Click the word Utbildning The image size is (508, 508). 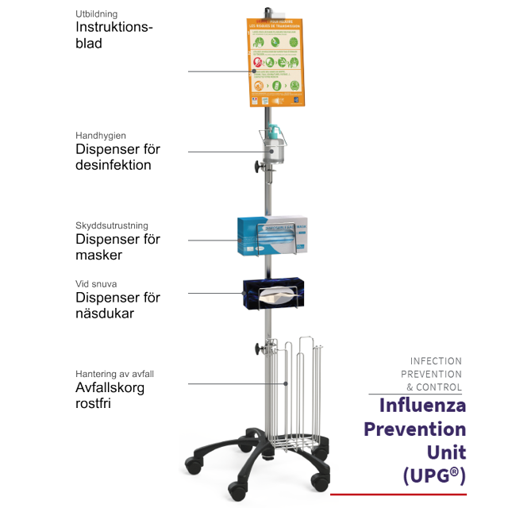point(98,13)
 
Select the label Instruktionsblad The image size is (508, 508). point(114,35)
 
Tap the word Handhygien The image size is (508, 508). point(101,136)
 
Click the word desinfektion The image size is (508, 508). point(114,165)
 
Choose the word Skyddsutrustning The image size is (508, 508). point(112,225)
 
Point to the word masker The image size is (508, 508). point(99,255)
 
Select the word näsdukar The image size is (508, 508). point(105,314)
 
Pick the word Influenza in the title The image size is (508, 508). point(421,405)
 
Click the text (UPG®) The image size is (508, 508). point(433,476)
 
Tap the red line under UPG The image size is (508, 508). point(398,495)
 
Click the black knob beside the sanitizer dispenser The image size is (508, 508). point(257,167)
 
